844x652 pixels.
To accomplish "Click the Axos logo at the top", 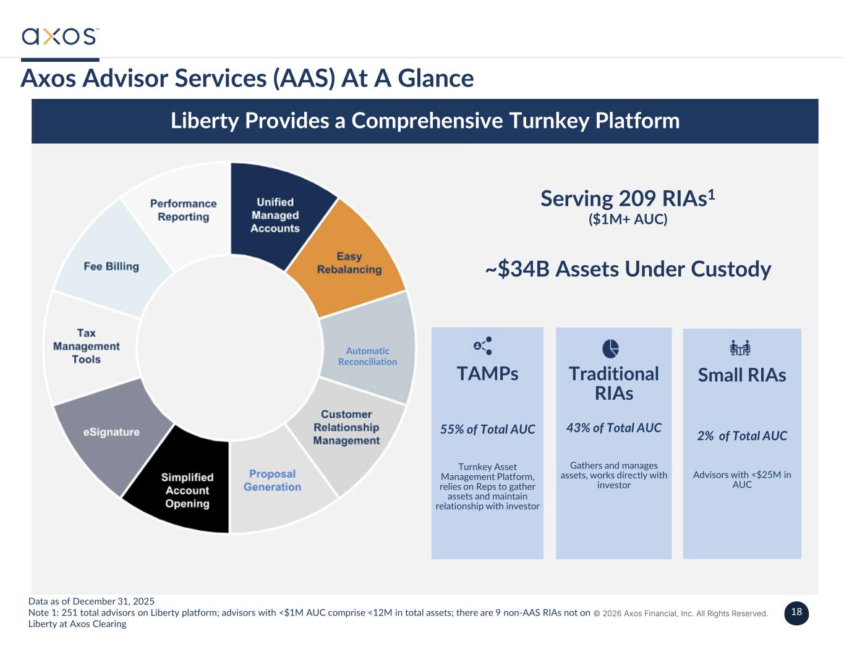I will [60, 36].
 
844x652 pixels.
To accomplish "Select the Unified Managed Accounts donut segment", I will [275, 215].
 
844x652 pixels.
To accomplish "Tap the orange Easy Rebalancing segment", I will [349, 263].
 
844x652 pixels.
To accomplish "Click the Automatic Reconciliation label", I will [367, 356].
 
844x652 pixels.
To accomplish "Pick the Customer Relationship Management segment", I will [346, 427].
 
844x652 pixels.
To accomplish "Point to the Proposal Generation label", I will [272, 480].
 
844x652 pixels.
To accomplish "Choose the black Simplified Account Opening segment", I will [187, 490].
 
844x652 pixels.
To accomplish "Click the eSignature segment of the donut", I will [111, 432].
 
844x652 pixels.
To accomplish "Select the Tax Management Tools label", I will [86, 346].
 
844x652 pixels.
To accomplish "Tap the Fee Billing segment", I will [111, 266].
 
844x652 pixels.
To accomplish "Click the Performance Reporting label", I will [183, 210].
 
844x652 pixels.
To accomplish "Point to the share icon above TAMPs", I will [482, 346].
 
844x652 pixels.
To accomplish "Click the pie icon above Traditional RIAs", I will [610, 349].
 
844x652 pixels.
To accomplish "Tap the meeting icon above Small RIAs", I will [740, 348].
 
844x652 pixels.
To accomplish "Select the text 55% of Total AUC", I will [487, 430].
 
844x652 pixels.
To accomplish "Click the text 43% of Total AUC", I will [613, 428].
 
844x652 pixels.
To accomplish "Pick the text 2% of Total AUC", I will [741, 436].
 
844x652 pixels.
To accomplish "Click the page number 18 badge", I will [796, 612].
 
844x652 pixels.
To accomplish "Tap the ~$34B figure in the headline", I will [517, 269].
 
